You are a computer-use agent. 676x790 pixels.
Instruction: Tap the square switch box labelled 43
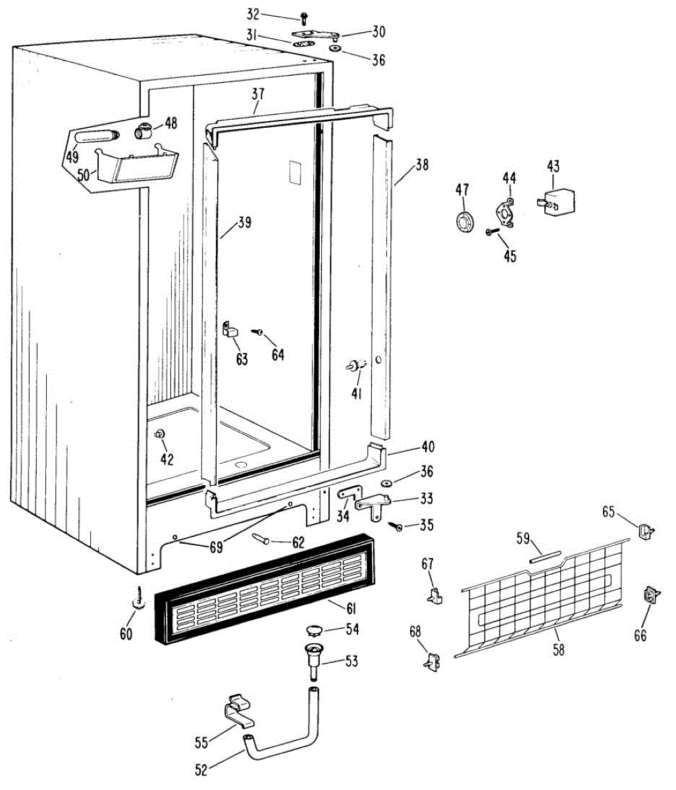[x=558, y=200]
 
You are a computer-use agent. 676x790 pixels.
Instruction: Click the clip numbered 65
[x=646, y=530]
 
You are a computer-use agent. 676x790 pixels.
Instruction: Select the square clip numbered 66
[x=652, y=595]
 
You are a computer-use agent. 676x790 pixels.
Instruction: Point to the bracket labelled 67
[x=434, y=594]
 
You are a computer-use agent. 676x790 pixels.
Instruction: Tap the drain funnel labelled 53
[x=313, y=659]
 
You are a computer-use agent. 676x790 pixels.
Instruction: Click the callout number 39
[x=244, y=223]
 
